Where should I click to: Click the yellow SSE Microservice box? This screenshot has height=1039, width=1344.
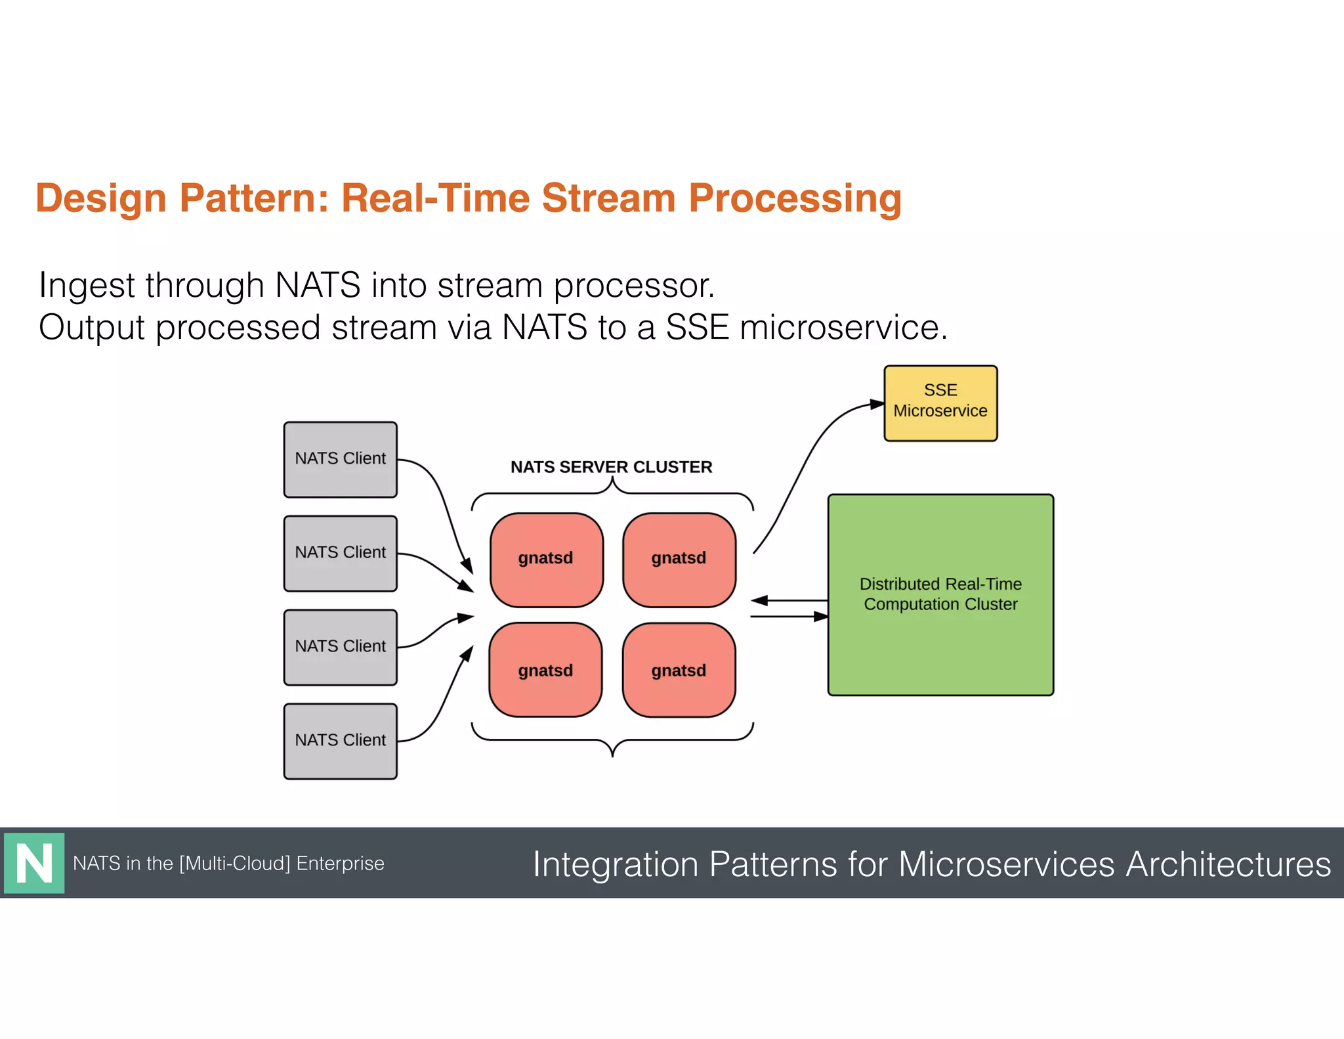940,403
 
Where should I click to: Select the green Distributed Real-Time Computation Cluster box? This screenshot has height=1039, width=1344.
940,594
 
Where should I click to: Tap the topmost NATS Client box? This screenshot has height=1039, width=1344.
340,459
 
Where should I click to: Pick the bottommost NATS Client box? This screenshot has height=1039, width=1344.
340,741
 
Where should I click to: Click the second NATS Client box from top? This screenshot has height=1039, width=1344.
340,553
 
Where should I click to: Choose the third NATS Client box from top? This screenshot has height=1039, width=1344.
340,647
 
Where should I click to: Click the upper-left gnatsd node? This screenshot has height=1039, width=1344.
546,560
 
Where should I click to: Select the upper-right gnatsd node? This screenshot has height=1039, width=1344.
679,560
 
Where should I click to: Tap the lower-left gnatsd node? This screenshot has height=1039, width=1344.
545,670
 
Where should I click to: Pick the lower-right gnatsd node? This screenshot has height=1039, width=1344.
679,670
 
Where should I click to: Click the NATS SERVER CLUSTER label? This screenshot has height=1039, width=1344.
611,467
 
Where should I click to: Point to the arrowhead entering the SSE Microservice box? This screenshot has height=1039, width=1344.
877,404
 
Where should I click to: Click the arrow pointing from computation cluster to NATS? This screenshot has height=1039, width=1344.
787,600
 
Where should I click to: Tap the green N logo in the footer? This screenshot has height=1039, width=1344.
34,862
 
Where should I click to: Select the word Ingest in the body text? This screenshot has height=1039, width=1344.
86,286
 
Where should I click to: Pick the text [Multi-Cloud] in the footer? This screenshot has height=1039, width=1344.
234,863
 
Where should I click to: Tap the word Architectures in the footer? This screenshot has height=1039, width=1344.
1228,864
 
